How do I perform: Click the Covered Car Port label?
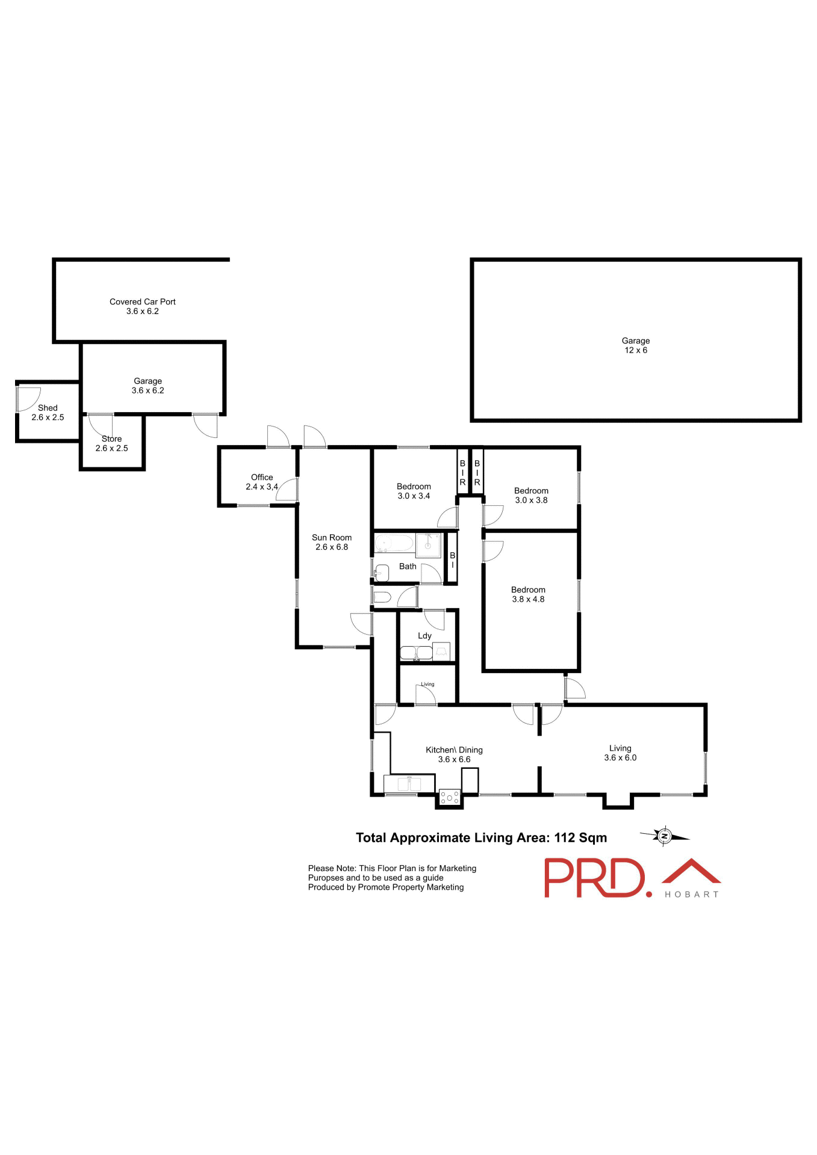pos(142,301)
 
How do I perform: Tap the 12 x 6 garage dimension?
pos(635,350)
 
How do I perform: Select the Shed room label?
pos(48,407)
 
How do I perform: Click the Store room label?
pos(111,439)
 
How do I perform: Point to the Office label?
pos(262,477)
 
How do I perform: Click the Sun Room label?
pos(331,537)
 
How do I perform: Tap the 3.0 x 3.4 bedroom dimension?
pos(414,496)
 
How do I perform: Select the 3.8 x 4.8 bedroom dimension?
pos(528,599)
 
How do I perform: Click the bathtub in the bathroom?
pos(394,544)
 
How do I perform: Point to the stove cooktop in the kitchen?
pos(450,798)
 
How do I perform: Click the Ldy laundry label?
pos(424,635)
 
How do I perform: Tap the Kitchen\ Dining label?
pos(454,750)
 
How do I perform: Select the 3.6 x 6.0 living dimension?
pos(620,758)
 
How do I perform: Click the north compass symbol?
pos(665,836)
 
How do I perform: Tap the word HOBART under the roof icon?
pos(691,895)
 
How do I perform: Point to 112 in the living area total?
pos(565,837)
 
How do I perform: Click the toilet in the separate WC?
pos(382,597)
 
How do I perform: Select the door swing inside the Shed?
pos(28,399)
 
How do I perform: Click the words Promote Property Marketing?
pos(411,887)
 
